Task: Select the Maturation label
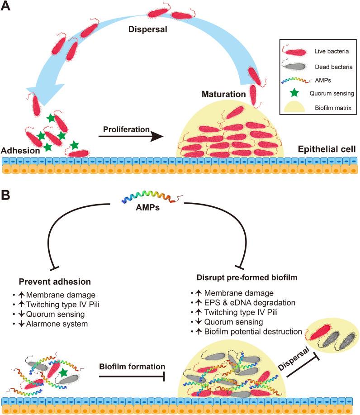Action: pyautogui.click(x=223, y=95)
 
